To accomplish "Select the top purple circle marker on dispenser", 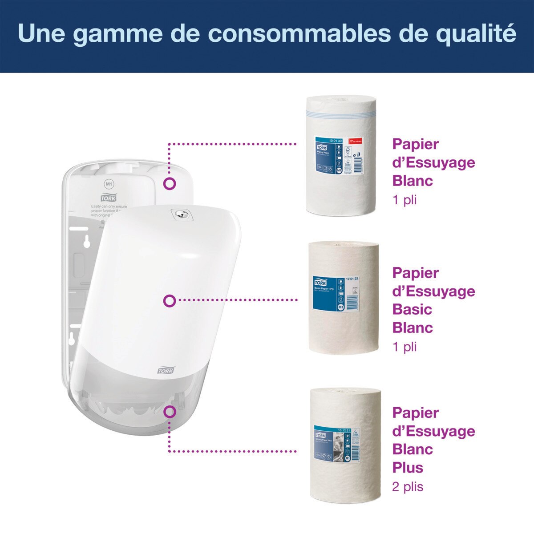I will point(170,183).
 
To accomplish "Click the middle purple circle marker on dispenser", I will point(170,301).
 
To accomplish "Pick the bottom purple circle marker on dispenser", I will point(170,412).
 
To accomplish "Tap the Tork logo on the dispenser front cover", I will point(166,370).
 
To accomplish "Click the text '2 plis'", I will point(408,487).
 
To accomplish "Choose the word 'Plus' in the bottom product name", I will point(408,468).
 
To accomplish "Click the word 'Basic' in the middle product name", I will point(412,309).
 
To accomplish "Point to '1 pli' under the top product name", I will point(405,200).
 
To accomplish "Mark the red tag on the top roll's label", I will point(355,141).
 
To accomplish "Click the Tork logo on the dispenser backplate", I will point(108,198).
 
